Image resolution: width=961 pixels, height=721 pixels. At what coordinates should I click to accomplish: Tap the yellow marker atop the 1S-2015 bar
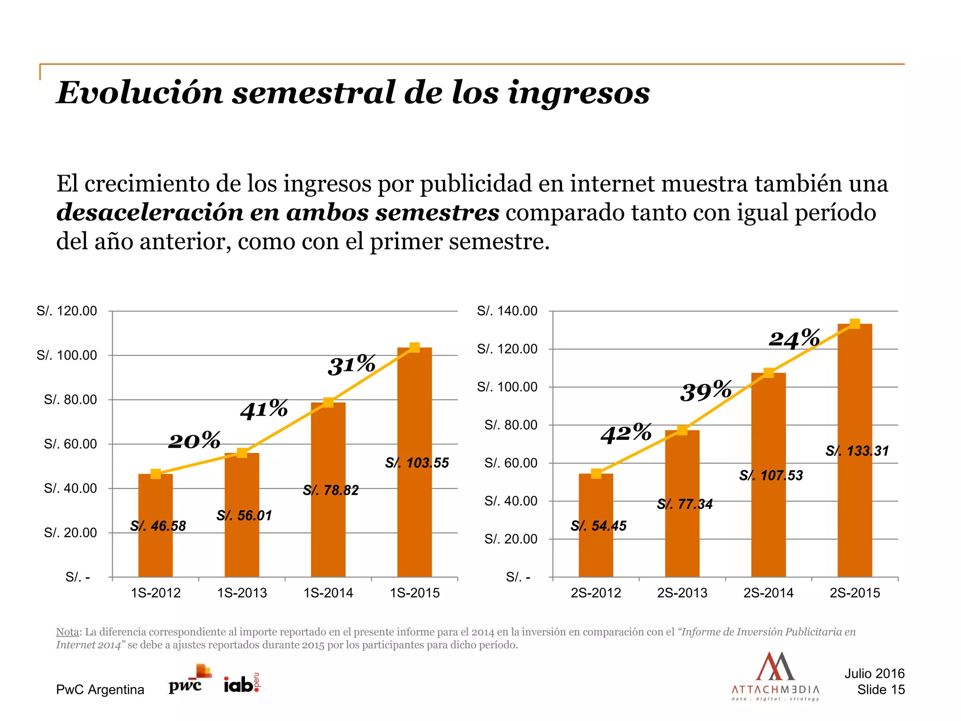click(x=414, y=347)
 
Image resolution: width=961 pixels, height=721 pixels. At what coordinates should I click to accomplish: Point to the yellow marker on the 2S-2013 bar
click(x=682, y=430)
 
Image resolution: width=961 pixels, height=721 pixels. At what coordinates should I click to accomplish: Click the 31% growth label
click(x=351, y=365)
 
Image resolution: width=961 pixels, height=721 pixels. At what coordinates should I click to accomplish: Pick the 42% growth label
click(x=626, y=433)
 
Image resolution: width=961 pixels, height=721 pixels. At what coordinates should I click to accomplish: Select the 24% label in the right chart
click(x=794, y=338)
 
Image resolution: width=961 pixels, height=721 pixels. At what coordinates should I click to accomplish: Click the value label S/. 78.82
click(x=331, y=491)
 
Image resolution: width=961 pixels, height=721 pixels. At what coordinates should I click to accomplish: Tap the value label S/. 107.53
click(x=771, y=476)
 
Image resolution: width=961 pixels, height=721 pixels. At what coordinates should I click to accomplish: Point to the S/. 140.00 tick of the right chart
click(x=507, y=311)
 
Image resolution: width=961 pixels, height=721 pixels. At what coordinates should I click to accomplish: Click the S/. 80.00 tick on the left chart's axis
click(x=70, y=399)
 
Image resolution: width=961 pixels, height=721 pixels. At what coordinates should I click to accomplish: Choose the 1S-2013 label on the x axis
click(x=242, y=593)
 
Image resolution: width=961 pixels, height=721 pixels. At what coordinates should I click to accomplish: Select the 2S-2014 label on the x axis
click(x=768, y=593)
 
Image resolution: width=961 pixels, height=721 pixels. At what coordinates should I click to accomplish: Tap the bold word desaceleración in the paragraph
click(x=149, y=213)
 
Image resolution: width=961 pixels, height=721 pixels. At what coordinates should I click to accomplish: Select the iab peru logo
click(x=241, y=683)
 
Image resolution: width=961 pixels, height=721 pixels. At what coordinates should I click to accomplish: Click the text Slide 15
click(x=881, y=690)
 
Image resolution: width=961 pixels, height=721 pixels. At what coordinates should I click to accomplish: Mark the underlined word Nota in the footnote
click(x=68, y=632)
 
